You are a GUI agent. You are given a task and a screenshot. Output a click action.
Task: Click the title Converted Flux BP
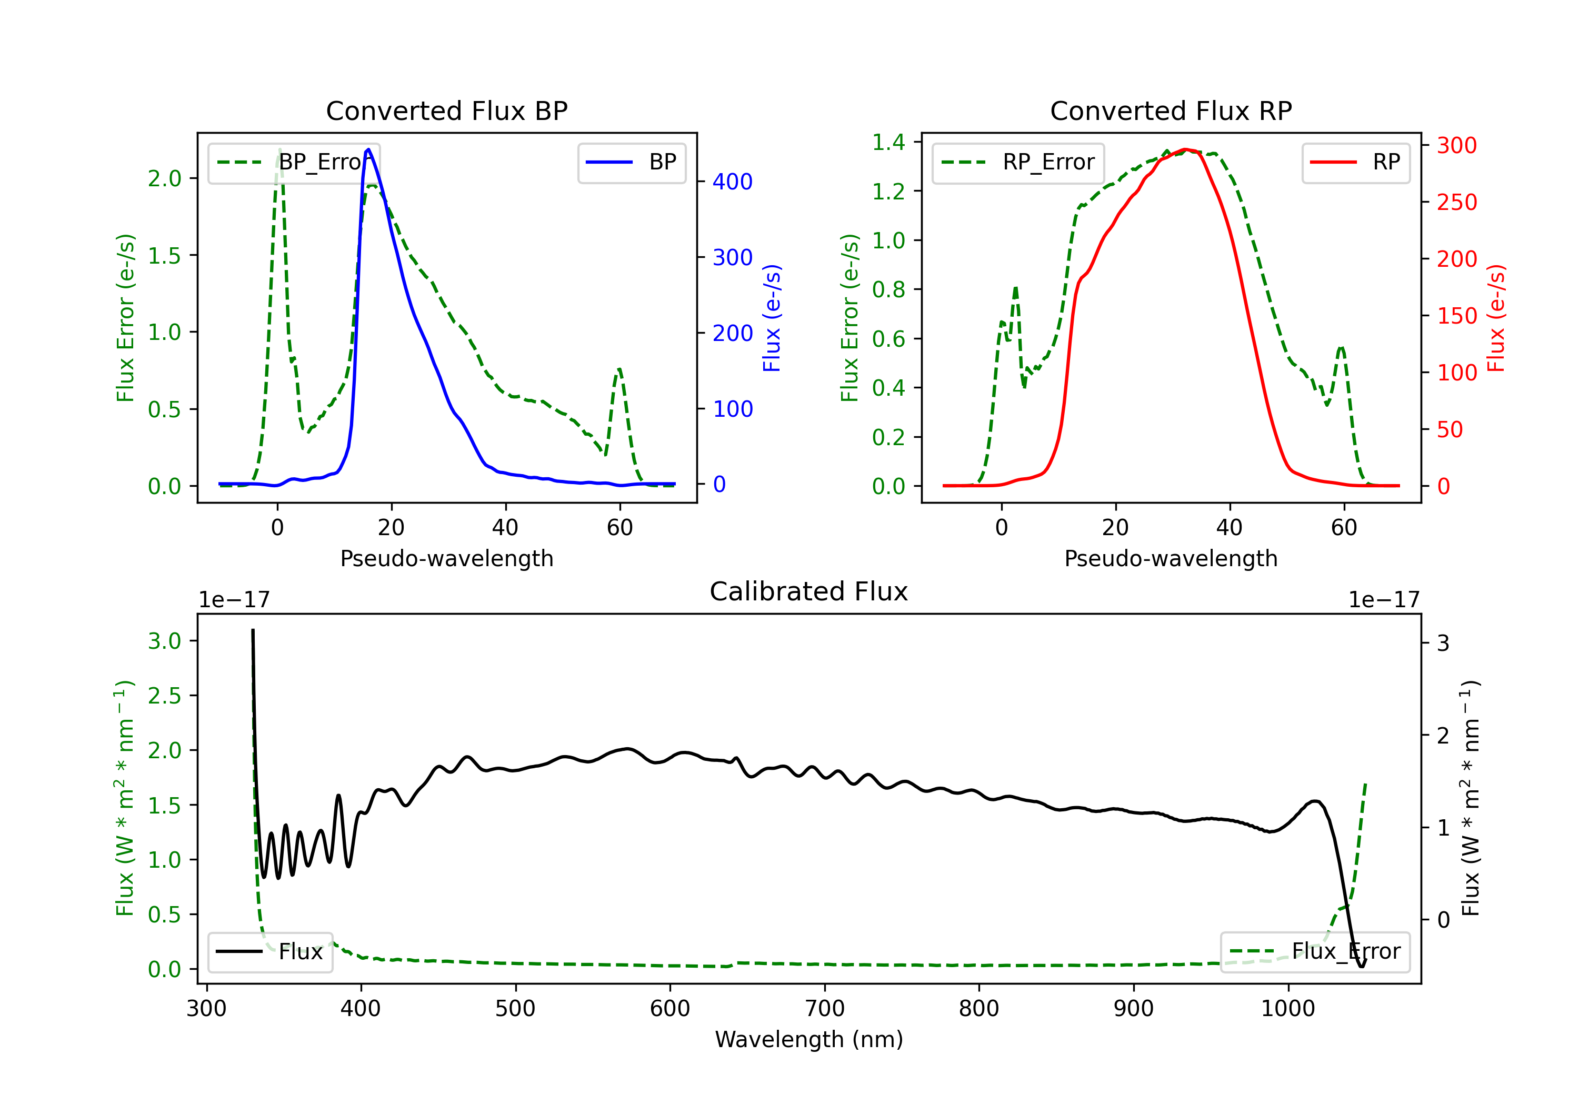[446, 110]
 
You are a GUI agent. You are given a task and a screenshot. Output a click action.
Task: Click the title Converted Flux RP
[1171, 110]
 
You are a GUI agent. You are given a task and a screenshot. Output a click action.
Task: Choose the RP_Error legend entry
[1018, 162]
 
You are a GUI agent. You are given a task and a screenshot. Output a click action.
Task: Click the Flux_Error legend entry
[1315, 952]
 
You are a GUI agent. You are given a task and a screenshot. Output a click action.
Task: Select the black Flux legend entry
[271, 952]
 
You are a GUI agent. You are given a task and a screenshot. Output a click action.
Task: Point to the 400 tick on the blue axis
[732, 182]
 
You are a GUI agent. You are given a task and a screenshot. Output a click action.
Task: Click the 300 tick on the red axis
[1456, 145]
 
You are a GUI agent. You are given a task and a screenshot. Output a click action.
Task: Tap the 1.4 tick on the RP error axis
[888, 143]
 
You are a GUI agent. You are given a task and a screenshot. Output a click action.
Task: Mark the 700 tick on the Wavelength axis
[824, 1008]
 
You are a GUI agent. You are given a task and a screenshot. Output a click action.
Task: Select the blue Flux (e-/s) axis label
[772, 318]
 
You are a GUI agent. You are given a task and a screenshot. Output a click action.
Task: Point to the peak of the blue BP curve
[368, 149]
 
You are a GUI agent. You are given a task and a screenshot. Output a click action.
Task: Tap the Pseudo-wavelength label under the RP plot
[1171, 558]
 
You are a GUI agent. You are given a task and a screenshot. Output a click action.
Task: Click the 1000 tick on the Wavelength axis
[1287, 1008]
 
